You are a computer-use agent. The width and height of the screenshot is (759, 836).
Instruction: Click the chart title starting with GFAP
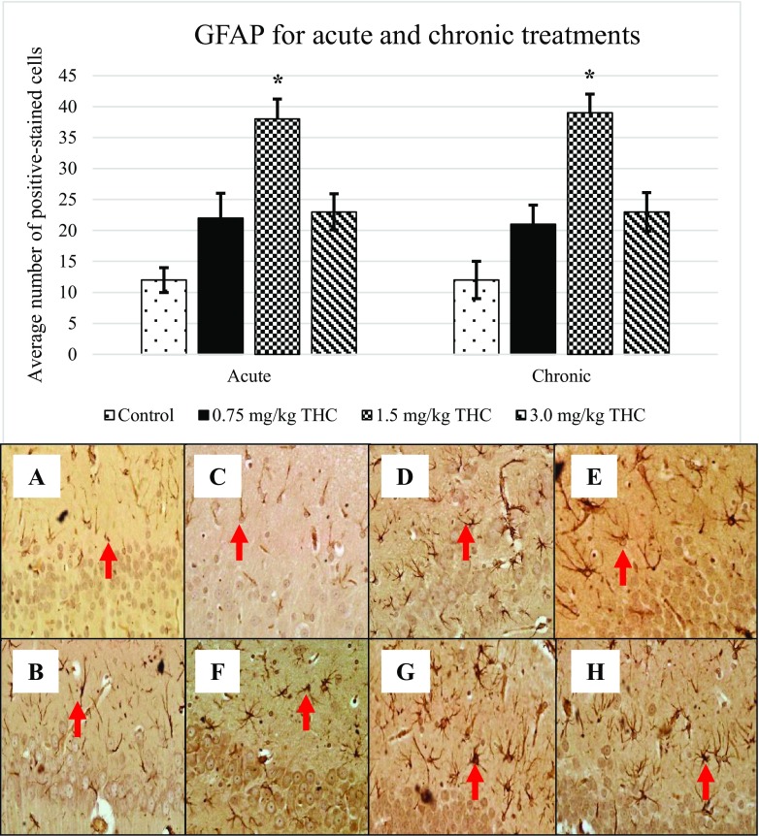tap(415, 38)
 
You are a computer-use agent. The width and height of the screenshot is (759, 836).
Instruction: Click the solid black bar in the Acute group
tap(220, 286)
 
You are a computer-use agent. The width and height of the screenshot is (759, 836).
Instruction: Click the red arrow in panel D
tap(467, 541)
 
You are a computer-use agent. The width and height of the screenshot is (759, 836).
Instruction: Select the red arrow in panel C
tap(238, 541)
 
